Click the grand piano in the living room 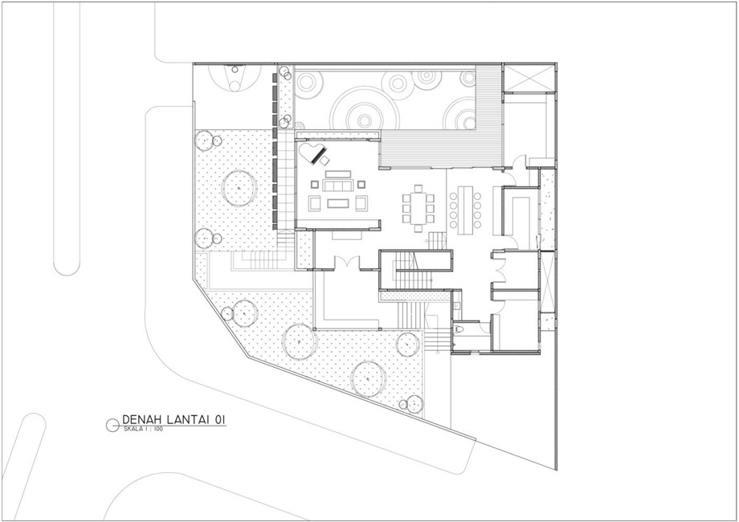coord(312,154)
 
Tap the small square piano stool coord(325,161)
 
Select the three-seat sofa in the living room coord(338,186)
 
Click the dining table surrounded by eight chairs coord(418,208)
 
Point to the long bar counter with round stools coord(465,210)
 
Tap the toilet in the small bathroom coord(459,328)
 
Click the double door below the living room coord(347,262)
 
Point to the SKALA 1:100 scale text coord(143,429)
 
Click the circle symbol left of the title coord(112,425)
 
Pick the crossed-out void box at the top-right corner coord(529,78)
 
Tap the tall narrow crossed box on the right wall coord(547,280)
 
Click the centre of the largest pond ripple coord(364,120)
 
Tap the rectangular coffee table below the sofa coord(338,203)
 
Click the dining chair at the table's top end coord(418,189)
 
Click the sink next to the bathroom coord(456,306)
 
